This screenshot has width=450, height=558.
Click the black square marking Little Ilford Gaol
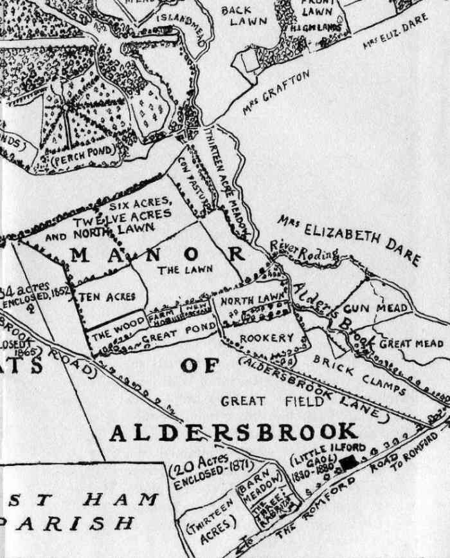[x=350, y=462]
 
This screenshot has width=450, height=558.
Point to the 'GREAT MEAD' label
[x=411, y=344]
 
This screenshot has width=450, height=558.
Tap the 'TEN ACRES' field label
[x=107, y=297]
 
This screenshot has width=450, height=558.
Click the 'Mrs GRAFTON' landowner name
[x=276, y=93]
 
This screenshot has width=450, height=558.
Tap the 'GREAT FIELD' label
[x=252, y=402]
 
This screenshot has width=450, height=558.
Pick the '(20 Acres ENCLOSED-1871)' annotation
[x=210, y=472]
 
